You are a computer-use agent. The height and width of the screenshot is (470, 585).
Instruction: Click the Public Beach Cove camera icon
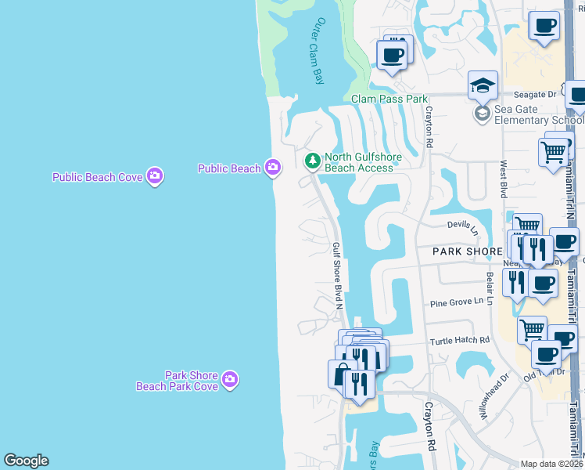point(154,176)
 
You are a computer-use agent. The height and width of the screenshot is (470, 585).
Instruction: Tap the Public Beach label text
point(229,168)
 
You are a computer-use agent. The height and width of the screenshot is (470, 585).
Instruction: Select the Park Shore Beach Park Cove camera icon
point(229,380)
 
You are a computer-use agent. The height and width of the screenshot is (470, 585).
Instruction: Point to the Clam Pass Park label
point(389,99)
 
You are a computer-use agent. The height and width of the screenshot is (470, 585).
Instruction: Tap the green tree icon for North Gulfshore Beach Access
point(313,161)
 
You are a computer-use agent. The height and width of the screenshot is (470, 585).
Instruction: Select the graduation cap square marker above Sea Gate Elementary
point(483,85)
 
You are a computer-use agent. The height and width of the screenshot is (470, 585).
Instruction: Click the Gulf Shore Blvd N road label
point(339,275)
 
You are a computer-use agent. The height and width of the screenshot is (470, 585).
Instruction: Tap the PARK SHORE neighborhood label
point(467,251)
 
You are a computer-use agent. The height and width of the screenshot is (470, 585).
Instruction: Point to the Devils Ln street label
point(463,226)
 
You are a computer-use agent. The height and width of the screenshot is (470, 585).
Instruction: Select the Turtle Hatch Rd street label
point(459,341)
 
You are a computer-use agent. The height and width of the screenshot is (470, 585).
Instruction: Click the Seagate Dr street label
point(540,94)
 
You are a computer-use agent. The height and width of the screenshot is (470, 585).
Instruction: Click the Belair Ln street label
point(490,289)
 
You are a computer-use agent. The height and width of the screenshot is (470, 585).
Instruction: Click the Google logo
point(26,461)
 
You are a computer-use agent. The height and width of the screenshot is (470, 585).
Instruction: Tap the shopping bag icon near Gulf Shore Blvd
point(341,374)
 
